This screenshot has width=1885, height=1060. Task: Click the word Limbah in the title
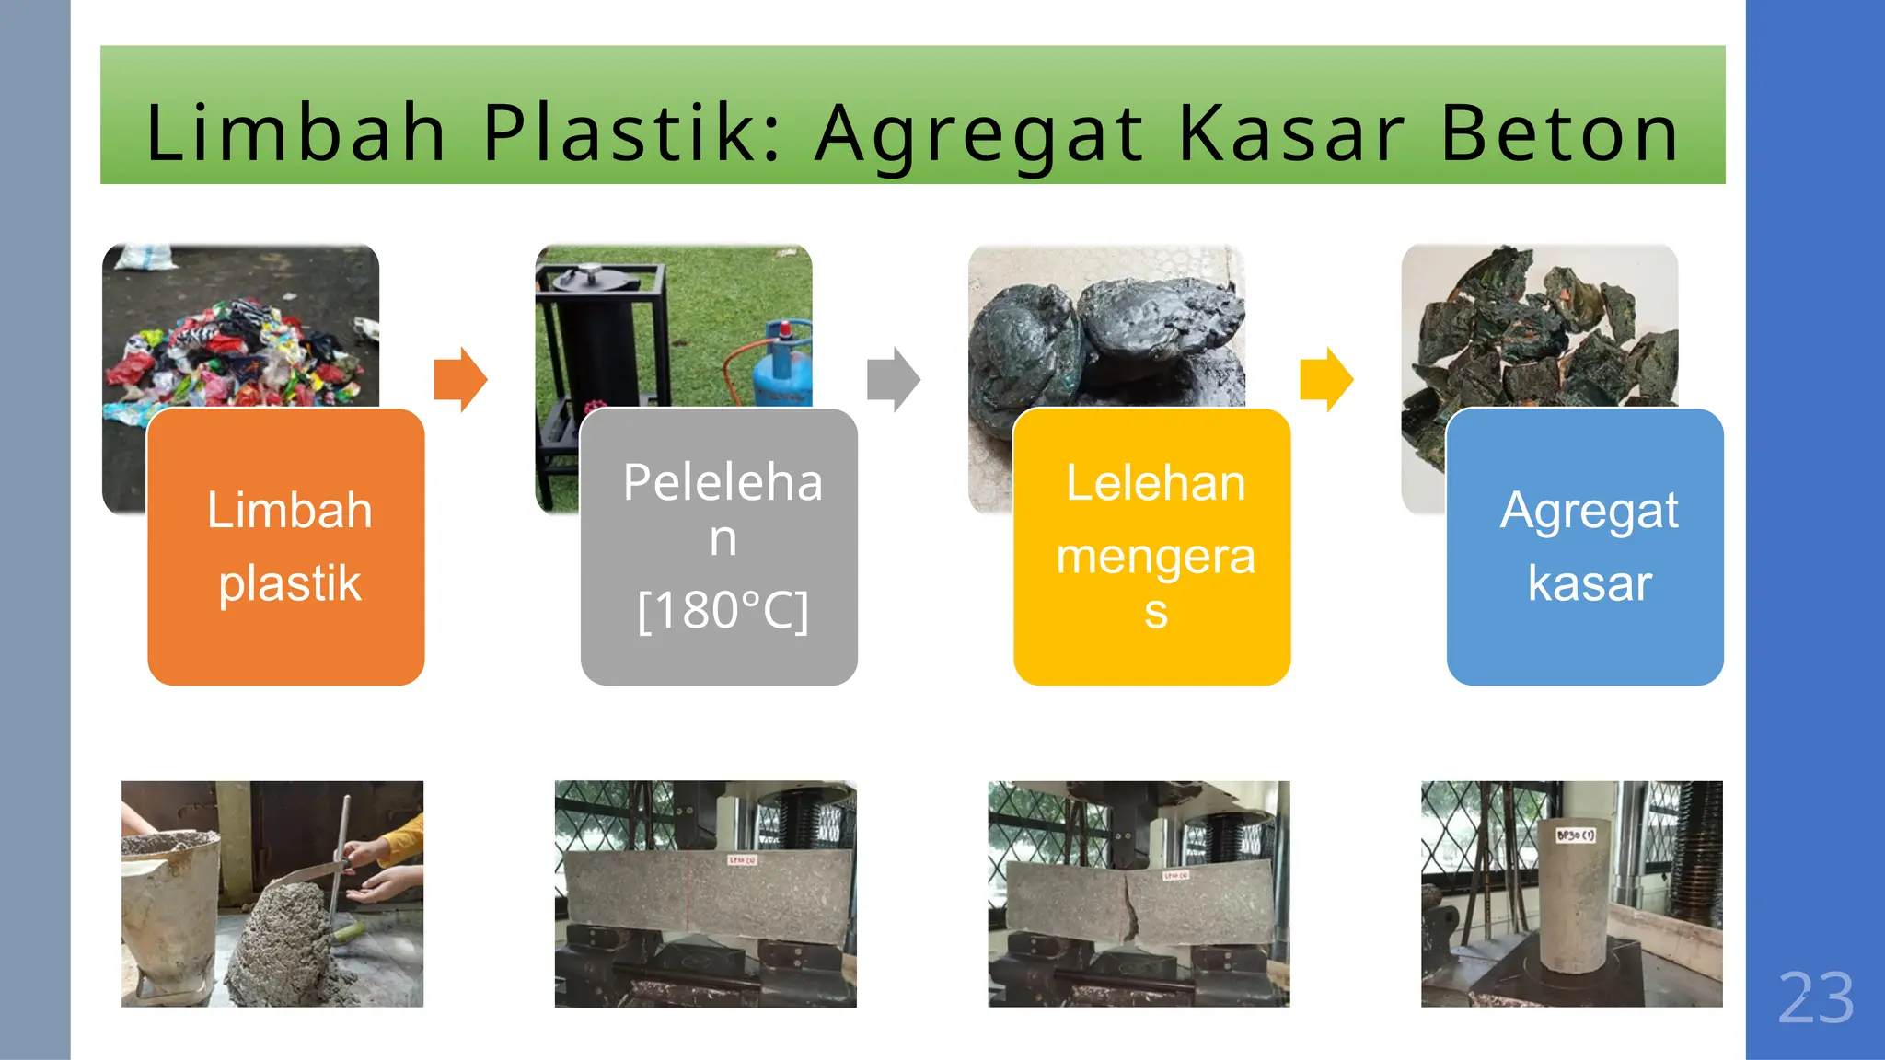[x=295, y=133]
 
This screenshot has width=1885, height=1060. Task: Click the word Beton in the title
[x=1559, y=133]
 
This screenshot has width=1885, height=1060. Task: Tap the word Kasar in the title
[x=1291, y=133]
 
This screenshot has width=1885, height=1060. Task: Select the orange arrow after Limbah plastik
[x=460, y=379]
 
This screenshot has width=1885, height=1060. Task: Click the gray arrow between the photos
[x=893, y=379]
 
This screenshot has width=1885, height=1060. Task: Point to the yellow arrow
[x=1326, y=379]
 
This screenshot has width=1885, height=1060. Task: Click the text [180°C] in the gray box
[x=723, y=611]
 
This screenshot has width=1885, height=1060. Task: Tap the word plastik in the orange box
[x=290, y=583]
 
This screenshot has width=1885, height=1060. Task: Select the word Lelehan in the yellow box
[x=1155, y=483]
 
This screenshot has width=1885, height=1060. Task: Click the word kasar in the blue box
[x=1590, y=583]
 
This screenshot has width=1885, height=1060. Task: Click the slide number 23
[x=1815, y=998]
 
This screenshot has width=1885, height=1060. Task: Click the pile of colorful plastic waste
[x=239, y=354]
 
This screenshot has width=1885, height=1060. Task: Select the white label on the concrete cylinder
[x=1576, y=835]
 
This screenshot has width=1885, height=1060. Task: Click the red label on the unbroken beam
[x=742, y=860]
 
